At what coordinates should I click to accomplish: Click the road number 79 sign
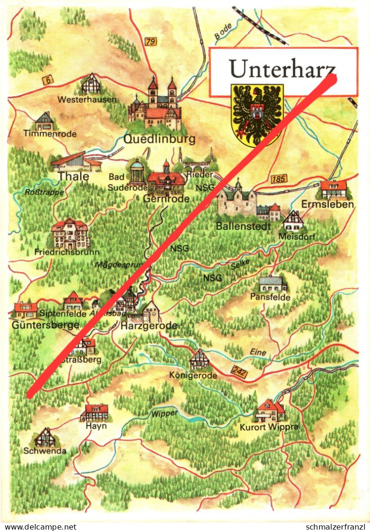coord(150,42)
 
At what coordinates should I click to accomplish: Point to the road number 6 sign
coord(47,80)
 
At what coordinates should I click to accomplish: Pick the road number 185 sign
coord(278,179)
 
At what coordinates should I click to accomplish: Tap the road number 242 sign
coord(239,372)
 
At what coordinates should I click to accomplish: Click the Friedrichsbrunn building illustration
coord(70,233)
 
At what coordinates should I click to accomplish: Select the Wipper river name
coord(164,413)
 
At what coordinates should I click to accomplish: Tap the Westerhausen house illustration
coord(91,84)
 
